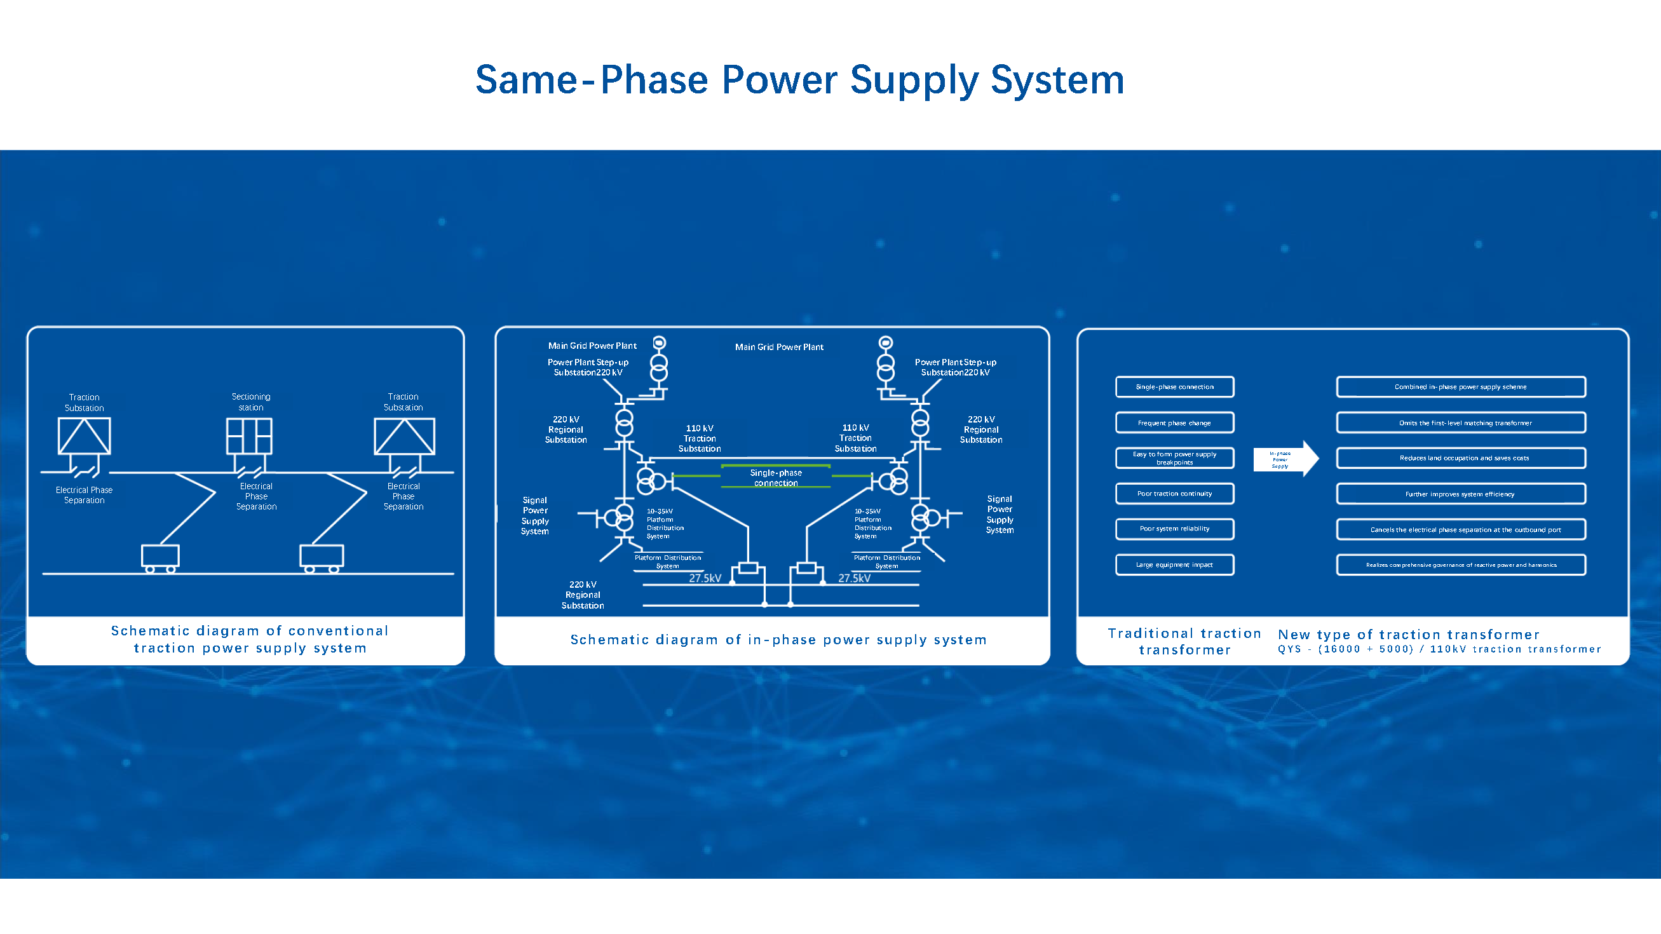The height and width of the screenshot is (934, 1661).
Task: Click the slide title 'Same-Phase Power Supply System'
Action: coord(799,80)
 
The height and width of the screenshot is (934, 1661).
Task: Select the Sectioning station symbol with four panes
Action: coord(249,436)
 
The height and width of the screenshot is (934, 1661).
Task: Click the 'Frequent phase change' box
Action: coord(1174,423)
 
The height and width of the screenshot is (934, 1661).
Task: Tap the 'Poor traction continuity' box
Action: coord(1174,494)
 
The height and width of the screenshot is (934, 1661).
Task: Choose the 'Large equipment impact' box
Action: coord(1174,565)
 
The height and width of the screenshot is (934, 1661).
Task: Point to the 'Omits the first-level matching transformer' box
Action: coord(1460,423)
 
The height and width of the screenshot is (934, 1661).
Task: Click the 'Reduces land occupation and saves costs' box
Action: coord(1460,458)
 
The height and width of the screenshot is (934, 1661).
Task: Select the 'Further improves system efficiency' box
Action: coord(1460,494)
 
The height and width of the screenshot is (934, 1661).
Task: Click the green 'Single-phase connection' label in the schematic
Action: coord(776,478)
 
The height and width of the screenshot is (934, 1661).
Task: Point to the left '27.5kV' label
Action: coord(705,578)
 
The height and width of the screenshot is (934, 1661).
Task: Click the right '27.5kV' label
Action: coord(855,578)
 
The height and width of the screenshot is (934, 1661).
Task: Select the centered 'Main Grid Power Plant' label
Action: coord(779,347)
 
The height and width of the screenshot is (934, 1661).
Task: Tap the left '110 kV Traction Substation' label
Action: coord(700,438)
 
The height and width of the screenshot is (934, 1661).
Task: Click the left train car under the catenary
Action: coord(160,558)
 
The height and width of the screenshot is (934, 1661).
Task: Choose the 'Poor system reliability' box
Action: coord(1174,529)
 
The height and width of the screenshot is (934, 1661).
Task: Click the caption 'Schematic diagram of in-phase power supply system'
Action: coord(778,639)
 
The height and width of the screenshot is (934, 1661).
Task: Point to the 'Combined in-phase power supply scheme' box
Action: coord(1460,387)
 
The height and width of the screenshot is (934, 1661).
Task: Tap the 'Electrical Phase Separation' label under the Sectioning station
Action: coord(256,496)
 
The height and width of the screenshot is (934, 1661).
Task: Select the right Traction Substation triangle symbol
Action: coord(404,437)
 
